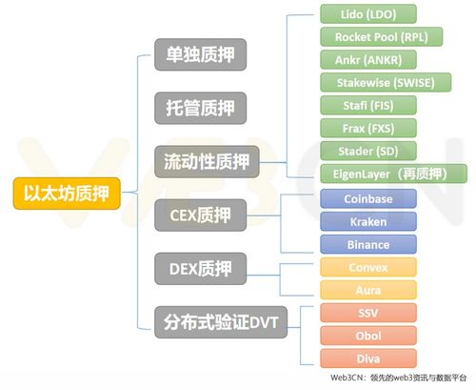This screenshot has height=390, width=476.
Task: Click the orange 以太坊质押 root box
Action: [x=67, y=194]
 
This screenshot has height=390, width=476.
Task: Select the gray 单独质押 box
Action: [x=200, y=54]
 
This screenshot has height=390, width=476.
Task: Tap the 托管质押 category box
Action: [x=200, y=108]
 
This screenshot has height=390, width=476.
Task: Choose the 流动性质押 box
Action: [x=207, y=161]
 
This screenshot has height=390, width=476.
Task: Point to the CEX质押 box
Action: [x=200, y=215]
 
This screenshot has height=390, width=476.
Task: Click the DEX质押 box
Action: [x=200, y=269]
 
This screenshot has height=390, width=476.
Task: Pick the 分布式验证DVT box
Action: [x=221, y=322]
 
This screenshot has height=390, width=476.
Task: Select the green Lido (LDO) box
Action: [x=368, y=14]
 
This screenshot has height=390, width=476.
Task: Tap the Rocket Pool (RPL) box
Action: [x=381, y=37]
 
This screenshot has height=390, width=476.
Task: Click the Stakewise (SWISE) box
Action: [x=386, y=83]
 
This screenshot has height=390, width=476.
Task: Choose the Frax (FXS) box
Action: [x=368, y=129]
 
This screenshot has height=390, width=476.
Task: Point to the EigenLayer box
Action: [x=393, y=174]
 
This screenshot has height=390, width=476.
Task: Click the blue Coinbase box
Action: [x=368, y=199]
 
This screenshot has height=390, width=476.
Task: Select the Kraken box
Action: [x=368, y=222]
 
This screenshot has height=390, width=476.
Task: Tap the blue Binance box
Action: [x=368, y=244]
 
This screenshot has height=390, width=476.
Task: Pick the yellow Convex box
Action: [x=368, y=267]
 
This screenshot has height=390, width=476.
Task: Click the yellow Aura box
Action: [x=368, y=290]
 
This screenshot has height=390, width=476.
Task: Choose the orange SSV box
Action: [x=368, y=313]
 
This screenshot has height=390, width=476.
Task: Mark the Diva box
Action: [x=368, y=359]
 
